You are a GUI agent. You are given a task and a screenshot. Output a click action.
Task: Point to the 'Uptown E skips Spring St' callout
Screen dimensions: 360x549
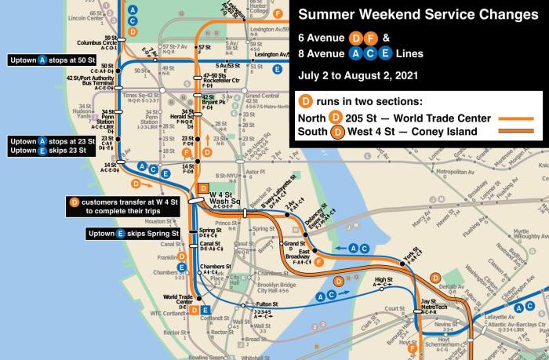[x=133, y=233]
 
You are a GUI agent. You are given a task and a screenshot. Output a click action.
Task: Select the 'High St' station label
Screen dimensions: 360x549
[x=383, y=280]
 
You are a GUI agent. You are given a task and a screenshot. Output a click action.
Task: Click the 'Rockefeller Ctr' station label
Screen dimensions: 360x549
[x=209, y=83]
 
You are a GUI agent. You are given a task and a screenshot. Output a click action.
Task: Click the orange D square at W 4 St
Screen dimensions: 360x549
[x=202, y=187]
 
